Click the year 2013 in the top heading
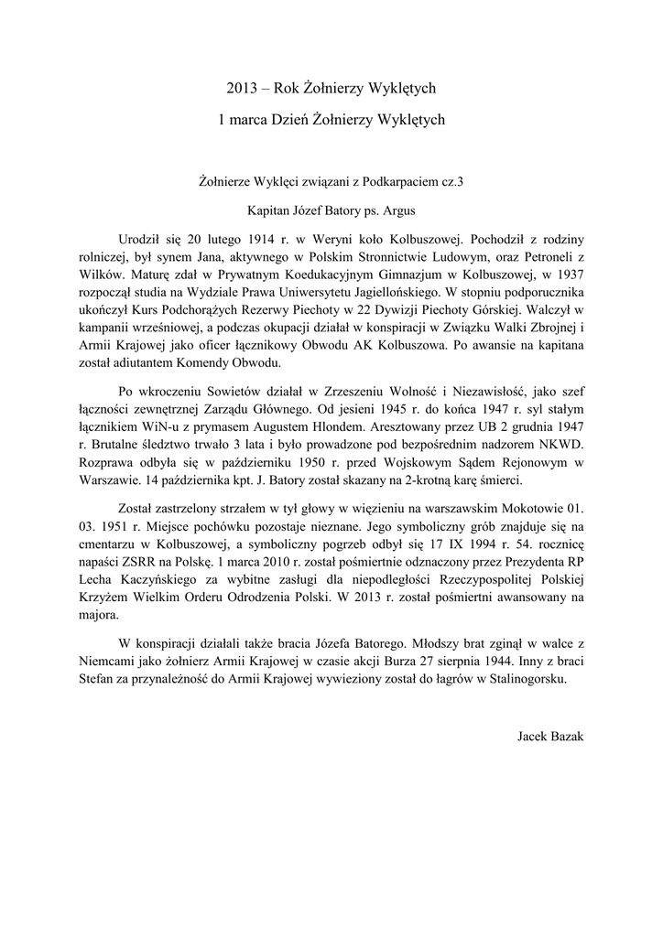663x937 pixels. point(242,89)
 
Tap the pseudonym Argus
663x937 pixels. point(397,210)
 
